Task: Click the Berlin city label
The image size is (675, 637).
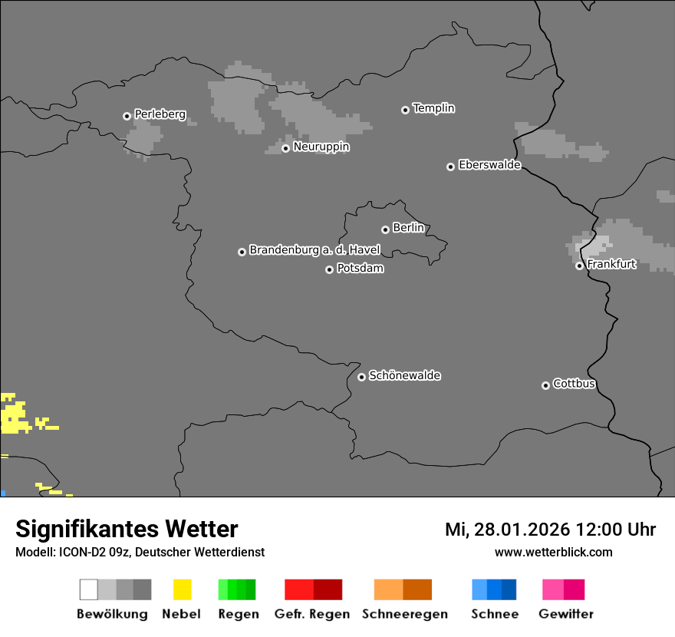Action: [x=408, y=228]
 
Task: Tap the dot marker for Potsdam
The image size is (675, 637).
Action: [x=329, y=269]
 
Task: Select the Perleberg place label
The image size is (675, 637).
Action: [x=160, y=114]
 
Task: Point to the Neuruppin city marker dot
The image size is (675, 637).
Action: [x=285, y=148]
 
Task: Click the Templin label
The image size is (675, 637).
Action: [x=433, y=108]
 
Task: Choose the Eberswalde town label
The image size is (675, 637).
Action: [x=489, y=165]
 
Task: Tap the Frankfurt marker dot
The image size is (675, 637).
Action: [x=579, y=266]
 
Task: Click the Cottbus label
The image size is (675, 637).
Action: [x=574, y=384]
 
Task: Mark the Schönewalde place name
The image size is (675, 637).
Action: [x=404, y=375]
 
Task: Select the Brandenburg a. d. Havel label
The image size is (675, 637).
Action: [x=314, y=250]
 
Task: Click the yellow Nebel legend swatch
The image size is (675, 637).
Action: [x=182, y=589]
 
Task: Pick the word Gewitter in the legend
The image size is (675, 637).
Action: [x=566, y=614]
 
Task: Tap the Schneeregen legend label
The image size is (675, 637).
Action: [x=404, y=614]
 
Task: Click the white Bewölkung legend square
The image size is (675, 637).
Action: [x=89, y=589]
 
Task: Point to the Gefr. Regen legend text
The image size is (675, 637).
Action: [x=312, y=614]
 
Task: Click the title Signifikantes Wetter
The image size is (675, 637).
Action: [x=127, y=530]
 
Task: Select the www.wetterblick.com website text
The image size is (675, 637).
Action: [x=553, y=552]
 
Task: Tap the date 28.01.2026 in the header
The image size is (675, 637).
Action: [x=521, y=530]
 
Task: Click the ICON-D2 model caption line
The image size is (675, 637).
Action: [x=140, y=552]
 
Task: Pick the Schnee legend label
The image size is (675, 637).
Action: [x=495, y=614]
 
